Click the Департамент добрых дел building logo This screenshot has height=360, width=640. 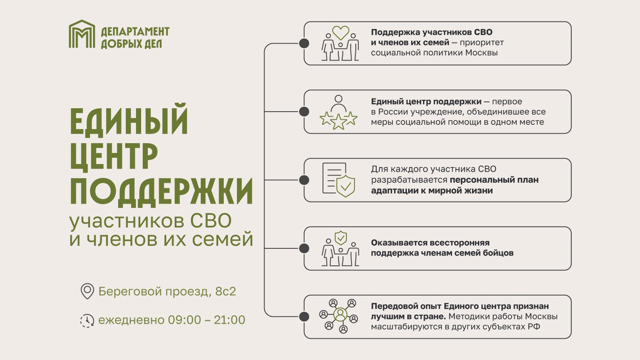[82, 34]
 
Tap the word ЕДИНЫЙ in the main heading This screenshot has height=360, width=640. [129, 120]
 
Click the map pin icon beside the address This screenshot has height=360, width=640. [87, 291]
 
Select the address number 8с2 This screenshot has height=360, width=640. [226, 291]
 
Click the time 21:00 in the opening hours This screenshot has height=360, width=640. [229, 320]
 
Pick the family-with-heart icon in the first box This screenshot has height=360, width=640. [340, 43]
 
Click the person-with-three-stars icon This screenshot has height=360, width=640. [338, 112]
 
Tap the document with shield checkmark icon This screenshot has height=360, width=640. [339, 180]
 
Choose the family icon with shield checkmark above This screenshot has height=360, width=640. [340, 248]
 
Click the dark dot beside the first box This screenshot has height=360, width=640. [304, 43]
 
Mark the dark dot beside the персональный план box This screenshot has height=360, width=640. [304, 180]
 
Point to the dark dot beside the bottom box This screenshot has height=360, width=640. [304, 317]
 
